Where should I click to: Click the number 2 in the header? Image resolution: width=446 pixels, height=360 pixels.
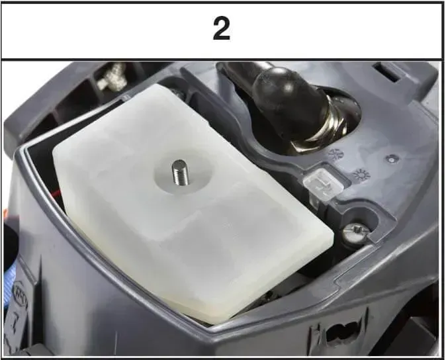pyautogui.click(x=222, y=29)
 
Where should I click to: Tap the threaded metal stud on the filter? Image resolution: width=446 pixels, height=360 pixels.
pyautogui.click(x=179, y=173)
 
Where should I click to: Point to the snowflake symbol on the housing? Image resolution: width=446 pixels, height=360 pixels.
pyautogui.click(x=336, y=155)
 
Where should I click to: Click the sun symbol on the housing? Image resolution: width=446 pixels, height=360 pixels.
pyautogui.click(x=361, y=175)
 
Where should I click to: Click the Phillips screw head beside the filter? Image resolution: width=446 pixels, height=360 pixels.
pyautogui.click(x=354, y=233)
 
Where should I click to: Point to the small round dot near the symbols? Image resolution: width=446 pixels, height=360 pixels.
pyautogui.click(x=392, y=159)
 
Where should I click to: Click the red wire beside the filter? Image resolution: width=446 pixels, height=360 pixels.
pyautogui.click(x=57, y=194)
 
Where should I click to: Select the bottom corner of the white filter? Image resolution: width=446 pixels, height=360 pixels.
pyautogui.click(x=216, y=323)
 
